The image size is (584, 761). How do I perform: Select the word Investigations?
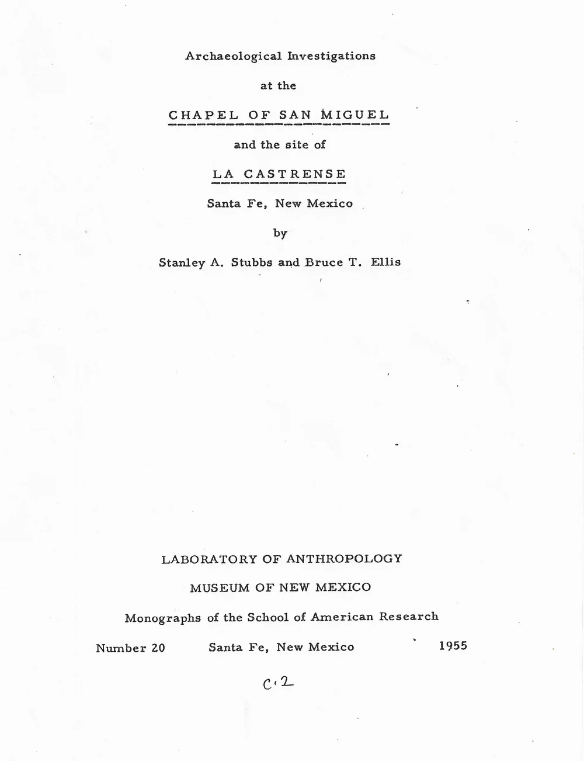(x=331, y=56)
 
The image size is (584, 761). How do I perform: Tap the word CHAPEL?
(x=203, y=115)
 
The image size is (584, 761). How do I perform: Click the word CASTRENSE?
(x=294, y=174)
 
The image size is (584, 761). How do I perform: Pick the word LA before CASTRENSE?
(x=223, y=174)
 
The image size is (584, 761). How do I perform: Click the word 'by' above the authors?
(x=280, y=233)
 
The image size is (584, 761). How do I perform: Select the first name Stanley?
(x=181, y=262)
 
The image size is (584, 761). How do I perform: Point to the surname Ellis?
(x=385, y=262)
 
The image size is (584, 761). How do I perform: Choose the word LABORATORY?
(x=208, y=559)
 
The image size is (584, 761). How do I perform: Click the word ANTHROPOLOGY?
(x=344, y=559)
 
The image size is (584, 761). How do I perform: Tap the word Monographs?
(x=162, y=618)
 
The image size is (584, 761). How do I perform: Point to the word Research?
(x=409, y=617)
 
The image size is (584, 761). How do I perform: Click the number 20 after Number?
(x=155, y=648)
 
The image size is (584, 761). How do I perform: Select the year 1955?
(x=452, y=646)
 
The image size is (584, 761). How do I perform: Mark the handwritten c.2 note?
(x=277, y=682)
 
